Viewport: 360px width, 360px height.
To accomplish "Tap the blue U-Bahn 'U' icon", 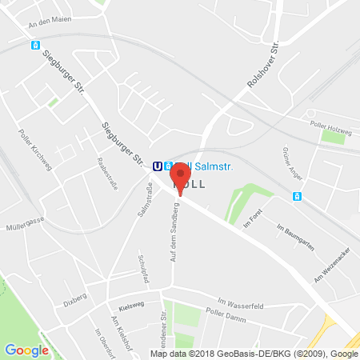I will [x=158, y=166].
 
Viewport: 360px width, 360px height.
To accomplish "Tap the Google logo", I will [x=26, y=350].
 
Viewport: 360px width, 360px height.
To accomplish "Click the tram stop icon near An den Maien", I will [x=35, y=46].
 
